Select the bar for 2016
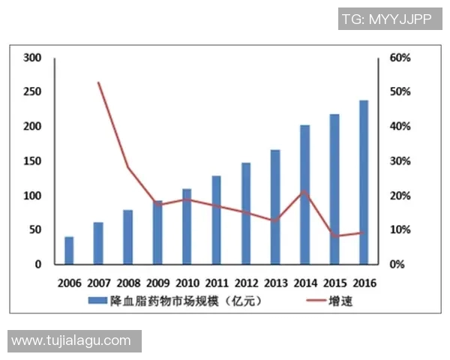click(364, 182)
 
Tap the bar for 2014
click(304, 195)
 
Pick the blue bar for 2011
click(216, 220)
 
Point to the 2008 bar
click(127, 237)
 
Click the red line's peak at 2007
click(99, 82)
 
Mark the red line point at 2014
click(304, 192)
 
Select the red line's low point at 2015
click(334, 236)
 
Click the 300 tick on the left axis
click(32, 58)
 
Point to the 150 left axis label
click(32, 161)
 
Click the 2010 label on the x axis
click(187, 283)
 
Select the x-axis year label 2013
click(275, 283)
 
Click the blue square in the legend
click(94, 301)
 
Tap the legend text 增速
click(341, 301)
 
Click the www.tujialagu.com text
click(71, 340)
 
